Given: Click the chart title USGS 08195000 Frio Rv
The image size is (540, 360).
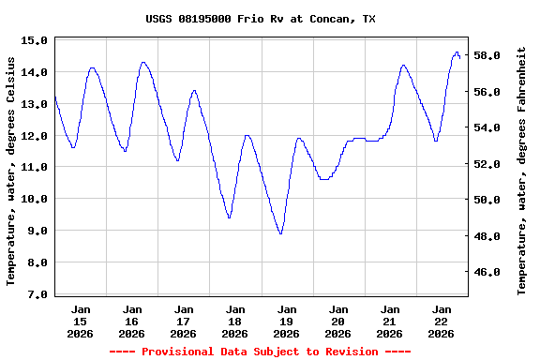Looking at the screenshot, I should point(261,19).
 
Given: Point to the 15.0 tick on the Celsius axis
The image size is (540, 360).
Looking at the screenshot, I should point(34,40).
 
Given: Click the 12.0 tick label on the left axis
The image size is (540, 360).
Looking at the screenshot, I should point(34,136).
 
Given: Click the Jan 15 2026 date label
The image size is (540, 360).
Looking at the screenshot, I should point(81,321).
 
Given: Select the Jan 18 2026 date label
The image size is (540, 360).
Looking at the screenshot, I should point(235,321).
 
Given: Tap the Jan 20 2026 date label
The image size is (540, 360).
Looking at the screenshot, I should point(338,321).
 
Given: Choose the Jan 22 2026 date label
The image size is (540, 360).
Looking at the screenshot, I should point(442,321).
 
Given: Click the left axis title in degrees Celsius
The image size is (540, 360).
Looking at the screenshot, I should point(11,171).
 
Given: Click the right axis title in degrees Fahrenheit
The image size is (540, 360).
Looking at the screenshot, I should point(522,171).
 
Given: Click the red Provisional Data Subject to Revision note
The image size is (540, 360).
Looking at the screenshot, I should point(260,352).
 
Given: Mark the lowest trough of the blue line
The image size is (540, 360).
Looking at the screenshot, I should point(280,233).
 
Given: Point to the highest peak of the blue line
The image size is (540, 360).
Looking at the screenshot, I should point(457,52).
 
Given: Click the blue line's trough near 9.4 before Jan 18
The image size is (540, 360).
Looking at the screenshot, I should point(229,217).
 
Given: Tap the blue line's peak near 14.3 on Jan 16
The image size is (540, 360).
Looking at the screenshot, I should point(143,63).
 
